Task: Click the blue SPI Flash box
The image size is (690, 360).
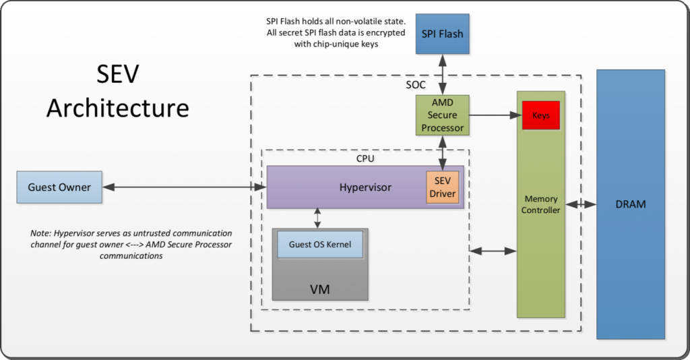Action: click(x=442, y=33)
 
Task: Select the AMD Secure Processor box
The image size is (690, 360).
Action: click(x=442, y=115)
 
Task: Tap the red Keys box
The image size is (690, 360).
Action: click(x=541, y=115)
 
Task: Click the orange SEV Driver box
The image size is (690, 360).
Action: click(x=442, y=187)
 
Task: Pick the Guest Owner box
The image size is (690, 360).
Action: click(x=59, y=187)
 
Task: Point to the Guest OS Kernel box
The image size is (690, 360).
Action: click(x=320, y=244)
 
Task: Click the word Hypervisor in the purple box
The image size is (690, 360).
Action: click(x=365, y=187)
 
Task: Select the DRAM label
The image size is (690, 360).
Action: click(x=630, y=204)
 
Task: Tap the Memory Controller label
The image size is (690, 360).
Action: click(x=541, y=204)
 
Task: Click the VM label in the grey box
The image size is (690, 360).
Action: click(x=319, y=289)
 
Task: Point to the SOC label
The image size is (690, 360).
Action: click(x=416, y=86)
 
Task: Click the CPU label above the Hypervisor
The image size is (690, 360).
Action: click(x=366, y=158)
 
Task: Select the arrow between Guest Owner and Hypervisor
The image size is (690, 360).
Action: click(x=184, y=187)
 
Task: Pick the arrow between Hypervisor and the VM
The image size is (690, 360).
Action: click(x=317, y=218)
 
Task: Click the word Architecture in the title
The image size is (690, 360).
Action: click(x=117, y=107)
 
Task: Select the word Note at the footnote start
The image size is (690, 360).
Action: click(x=42, y=233)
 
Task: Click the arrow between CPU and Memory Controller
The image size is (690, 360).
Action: click(x=493, y=251)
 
